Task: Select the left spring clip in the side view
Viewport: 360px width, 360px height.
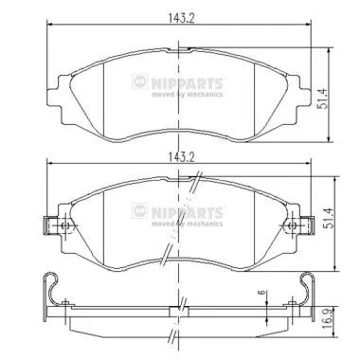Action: click(53, 288)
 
